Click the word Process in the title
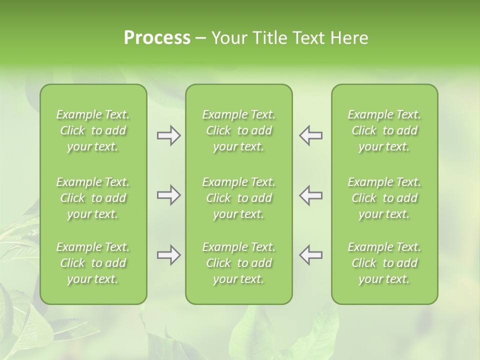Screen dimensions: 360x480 (157, 38)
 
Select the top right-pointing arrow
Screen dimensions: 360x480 (168, 135)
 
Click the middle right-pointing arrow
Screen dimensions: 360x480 (168, 195)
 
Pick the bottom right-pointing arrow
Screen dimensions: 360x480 (168, 255)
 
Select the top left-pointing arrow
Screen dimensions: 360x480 (311, 135)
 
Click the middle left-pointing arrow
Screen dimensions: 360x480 (311, 195)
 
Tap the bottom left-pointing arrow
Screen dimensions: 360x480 (311, 255)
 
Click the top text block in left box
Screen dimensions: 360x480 (93, 130)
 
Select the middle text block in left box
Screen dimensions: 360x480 (93, 198)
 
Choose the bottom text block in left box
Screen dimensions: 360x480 (93, 263)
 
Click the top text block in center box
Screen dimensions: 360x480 (239, 130)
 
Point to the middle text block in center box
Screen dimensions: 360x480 (239, 198)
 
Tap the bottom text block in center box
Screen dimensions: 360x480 (239, 263)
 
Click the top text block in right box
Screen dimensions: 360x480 (384, 130)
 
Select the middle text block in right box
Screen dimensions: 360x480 (384, 198)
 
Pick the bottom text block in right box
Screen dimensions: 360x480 (384, 263)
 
